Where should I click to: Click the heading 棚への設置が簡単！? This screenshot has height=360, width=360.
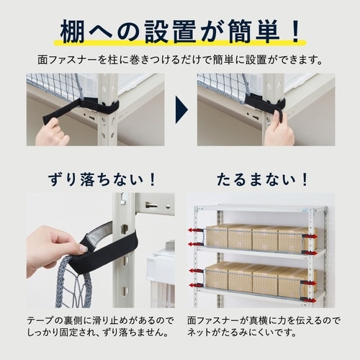click(179, 32)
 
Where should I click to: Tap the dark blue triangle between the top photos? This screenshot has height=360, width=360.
click(181, 109)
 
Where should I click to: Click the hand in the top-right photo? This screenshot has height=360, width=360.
click(280, 130)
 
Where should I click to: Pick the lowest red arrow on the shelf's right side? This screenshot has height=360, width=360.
click(310, 299)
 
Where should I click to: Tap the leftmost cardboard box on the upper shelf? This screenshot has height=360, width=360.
click(218, 236)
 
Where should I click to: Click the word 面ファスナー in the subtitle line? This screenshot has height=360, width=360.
click(78, 60)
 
